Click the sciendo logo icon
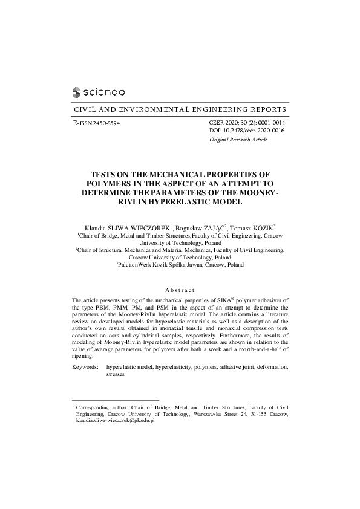click(x=76, y=92)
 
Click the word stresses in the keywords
click(x=115, y=374)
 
